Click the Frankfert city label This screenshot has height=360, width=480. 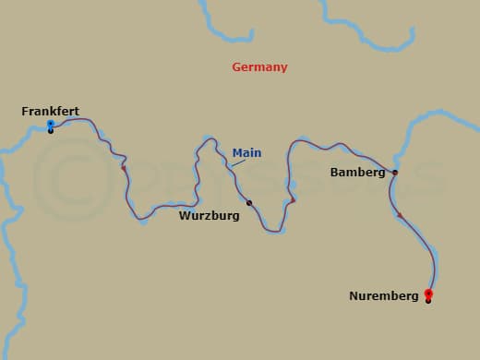(50, 112)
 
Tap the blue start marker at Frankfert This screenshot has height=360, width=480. (50, 124)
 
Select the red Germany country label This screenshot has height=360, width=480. (259, 67)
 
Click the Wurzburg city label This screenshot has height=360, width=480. (210, 216)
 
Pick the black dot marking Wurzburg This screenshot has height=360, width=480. (249, 203)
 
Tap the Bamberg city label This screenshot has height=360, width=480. (357, 173)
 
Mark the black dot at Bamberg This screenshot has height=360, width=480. (395, 173)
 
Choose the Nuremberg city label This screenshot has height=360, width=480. (384, 296)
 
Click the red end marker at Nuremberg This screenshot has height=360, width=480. (428, 294)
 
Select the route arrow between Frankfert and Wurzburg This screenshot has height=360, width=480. (124, 168)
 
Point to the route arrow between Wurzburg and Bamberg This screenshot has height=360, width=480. (292, 200)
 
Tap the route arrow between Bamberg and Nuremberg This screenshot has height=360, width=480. (401, 215)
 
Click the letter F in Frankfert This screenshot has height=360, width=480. (25, 112)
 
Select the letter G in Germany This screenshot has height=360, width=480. (236, 67)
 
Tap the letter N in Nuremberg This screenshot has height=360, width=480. (354, 296)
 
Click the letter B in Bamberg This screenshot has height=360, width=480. (334, 173)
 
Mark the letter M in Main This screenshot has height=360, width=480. (237, 153)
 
